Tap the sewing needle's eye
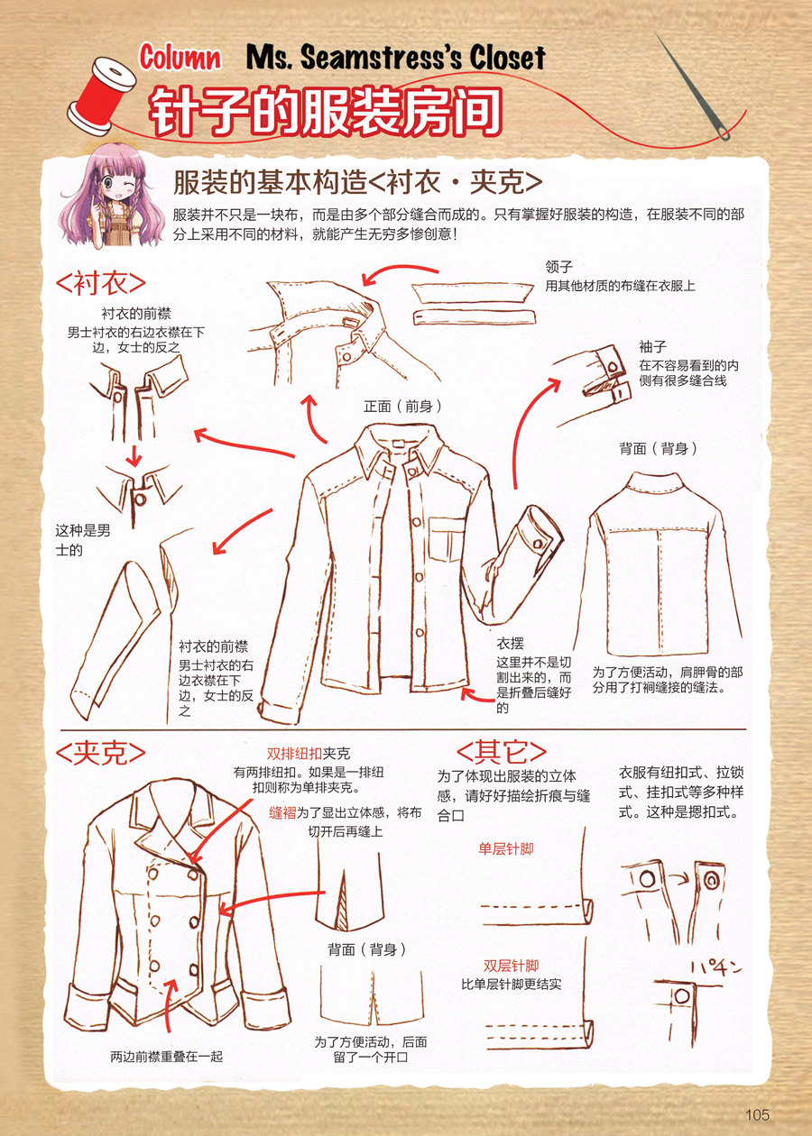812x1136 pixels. [x=723, y=133]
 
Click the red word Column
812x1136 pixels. [x=180, y=58]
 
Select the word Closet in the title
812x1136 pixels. [x=507, y=58]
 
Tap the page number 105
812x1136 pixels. [x=757, y=1114]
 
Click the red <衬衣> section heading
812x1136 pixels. [x=100, y=282]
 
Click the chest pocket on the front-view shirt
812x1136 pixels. [x=447, y=538]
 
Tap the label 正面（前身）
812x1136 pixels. [x=402, y=407]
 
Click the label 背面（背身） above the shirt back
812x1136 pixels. [x=659, y=448]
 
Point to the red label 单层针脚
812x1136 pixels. [x=506, y=849]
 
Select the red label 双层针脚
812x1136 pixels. [x=511, y=966]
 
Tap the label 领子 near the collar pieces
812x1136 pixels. [x=559, y=266]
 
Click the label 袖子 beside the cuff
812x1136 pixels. [x=652, y=346]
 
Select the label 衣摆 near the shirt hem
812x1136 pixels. [x=510, y=644]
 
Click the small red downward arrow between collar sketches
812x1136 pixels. [x=134, y=456]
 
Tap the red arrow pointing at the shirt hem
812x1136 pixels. [x=477, y=695]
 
